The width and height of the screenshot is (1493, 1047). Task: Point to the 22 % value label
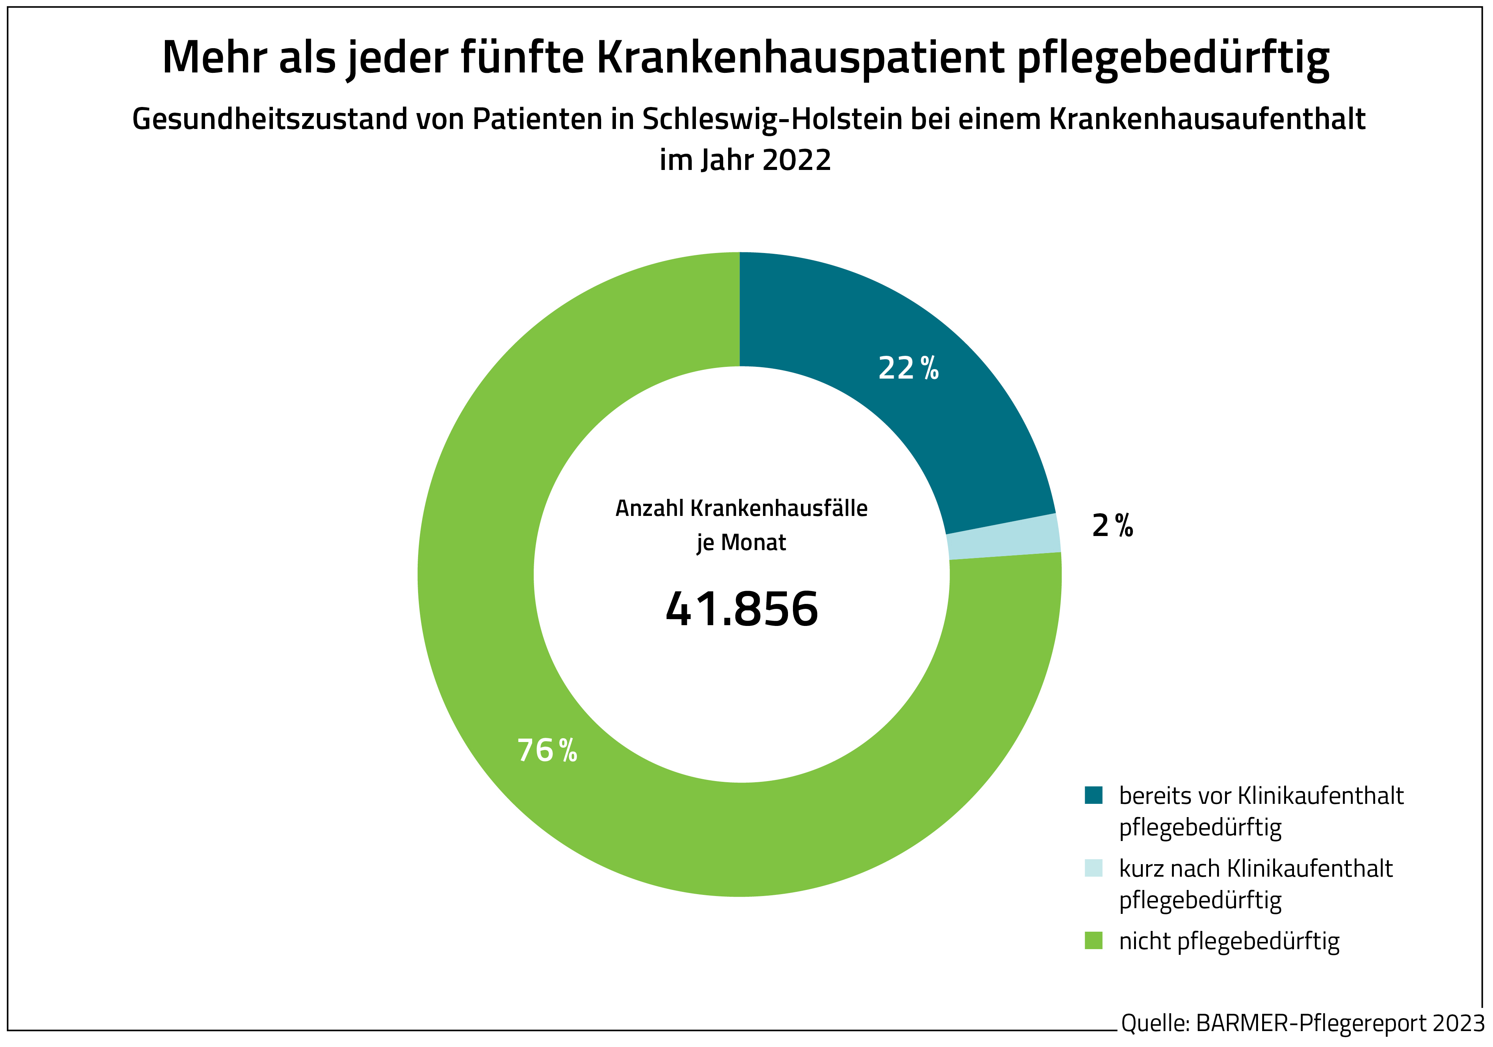click(909, 368)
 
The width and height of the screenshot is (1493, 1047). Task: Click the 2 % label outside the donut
click(1112, 526)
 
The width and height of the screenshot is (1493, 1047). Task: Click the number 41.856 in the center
click(741, 610)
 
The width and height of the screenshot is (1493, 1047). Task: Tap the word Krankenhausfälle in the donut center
click(779, 508)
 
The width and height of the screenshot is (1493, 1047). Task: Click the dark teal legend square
click(1094, 795)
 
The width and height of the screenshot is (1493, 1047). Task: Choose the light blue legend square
click(1094, 868)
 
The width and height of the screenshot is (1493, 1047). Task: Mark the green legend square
click(1094, 941)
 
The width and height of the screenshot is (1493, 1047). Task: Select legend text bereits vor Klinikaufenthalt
click(1261, 796)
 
